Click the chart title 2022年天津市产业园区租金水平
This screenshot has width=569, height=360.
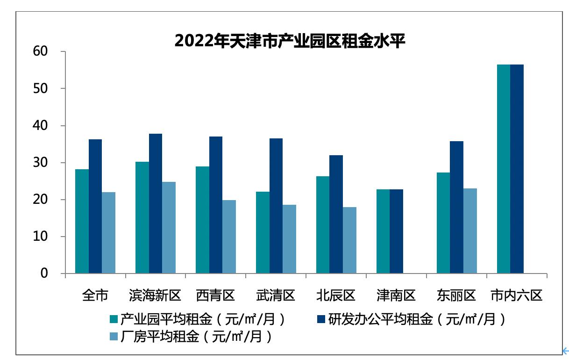point(290,41)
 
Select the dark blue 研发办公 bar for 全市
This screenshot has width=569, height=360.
point(95,206)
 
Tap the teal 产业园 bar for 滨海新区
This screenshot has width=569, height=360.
point(142,217)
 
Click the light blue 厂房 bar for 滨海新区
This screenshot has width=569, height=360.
point(169,228)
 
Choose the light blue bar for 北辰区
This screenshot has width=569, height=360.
point(349,240)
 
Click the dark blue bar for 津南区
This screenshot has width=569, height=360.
point(396,231)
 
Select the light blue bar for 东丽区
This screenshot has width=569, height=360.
point(470,231)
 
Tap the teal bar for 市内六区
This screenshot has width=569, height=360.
point(504,169)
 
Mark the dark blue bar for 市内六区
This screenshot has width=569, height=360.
point(517,169)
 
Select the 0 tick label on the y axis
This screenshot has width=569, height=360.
point(44,274)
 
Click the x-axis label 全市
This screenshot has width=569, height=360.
point(95,295)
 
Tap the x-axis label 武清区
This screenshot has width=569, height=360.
point(276,295)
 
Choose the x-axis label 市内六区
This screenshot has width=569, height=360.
point(516,295)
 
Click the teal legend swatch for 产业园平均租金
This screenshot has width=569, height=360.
point(114,320)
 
